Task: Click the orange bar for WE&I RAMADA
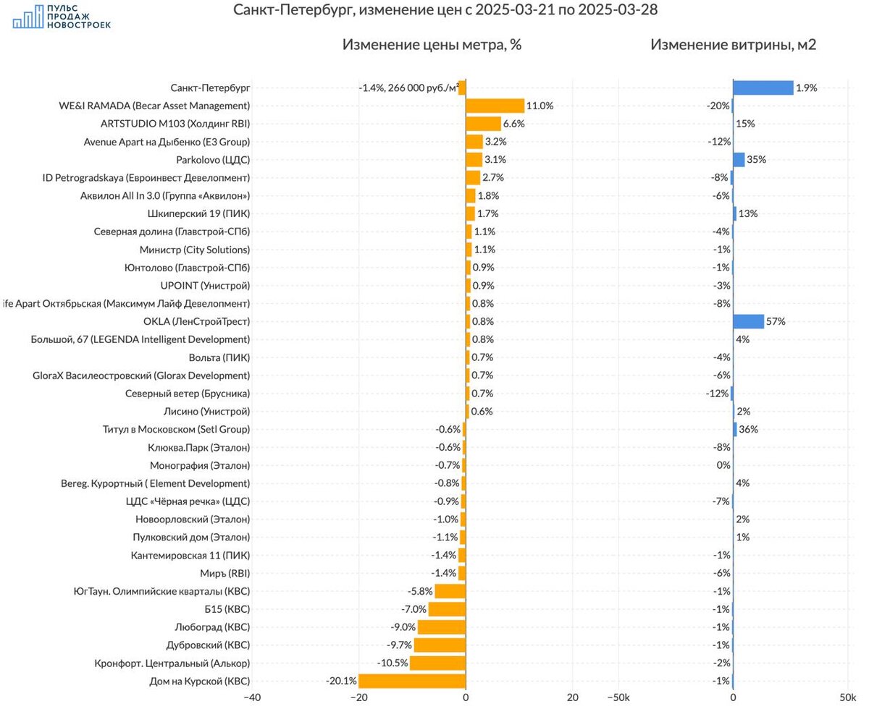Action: tap(495, 106)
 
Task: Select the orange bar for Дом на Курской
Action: tap(412, 681)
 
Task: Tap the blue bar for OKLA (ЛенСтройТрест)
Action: tap(748, 321)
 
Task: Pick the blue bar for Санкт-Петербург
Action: tap(763, 88)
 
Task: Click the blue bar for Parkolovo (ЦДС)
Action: tap(739, 159)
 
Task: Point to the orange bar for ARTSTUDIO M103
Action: tap(483, 124)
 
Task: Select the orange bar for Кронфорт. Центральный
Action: tap(437, 663)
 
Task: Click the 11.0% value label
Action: tap(540, 106)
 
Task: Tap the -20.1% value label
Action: tap(341, 681)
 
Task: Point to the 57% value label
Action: tap(776, 321)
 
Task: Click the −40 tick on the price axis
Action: tap(251, 698)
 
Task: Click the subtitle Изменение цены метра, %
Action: tap(432, 45)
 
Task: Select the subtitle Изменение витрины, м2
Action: tap(733, 45)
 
